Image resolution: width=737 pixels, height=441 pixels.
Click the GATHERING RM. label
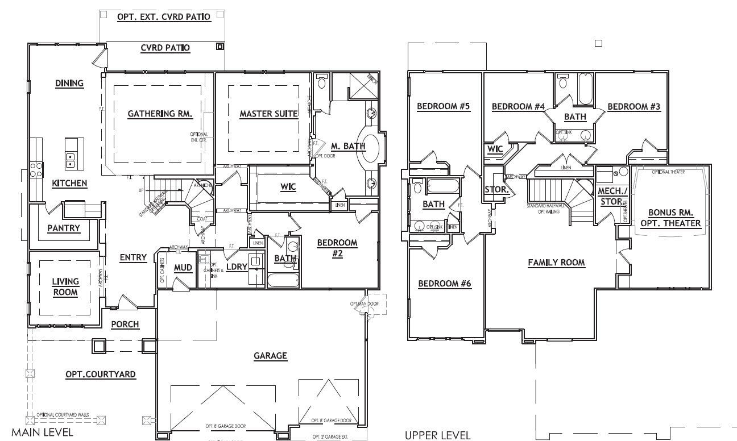(x=160, y=114)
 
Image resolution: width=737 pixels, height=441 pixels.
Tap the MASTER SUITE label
(x=268, y=114)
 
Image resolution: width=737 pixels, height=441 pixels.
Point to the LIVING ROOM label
(x=65, y=287)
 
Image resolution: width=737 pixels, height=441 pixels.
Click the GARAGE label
(x=270, y=356)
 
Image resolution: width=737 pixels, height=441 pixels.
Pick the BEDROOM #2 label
(x=337, y=248)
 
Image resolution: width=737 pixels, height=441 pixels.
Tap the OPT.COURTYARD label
(x=100, y=375)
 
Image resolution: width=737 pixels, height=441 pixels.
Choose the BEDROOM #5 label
(x=444, y=106)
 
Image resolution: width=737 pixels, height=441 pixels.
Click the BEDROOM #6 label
(x=445, y=284)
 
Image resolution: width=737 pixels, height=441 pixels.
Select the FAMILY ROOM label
(x=556, y=263)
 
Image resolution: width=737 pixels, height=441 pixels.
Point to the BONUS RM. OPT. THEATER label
(x=670, y=218)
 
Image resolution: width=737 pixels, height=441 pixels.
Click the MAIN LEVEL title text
(x=42, y=432)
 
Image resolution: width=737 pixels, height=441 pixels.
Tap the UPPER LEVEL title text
(x=437, y=435)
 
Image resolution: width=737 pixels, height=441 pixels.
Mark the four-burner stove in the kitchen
(x=35, y=169)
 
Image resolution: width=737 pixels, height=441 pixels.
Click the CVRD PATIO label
(x=165, y=48)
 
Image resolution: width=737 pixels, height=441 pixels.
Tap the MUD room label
(x=183, y=268)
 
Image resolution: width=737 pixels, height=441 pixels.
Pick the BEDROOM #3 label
(x=635, y=106)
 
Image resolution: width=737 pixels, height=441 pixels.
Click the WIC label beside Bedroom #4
(x=495, y=149)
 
